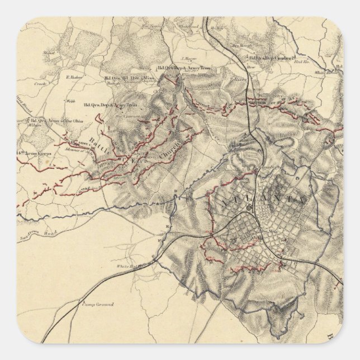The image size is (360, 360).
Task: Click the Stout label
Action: [48, 56]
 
